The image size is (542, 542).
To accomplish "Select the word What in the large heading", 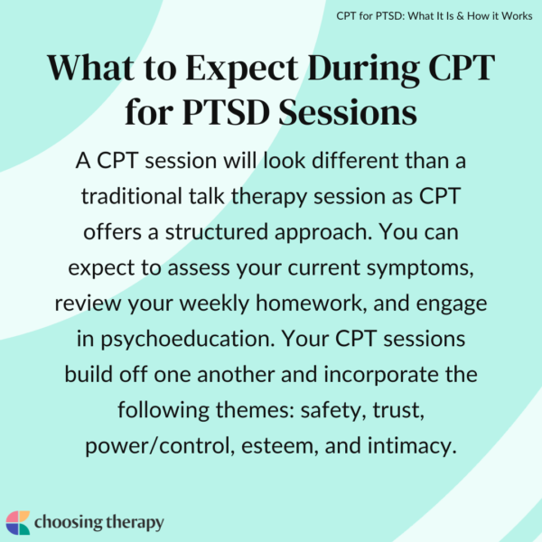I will pyautogui.click(x=91, y=69).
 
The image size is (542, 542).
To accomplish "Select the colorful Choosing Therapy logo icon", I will pyautogui.click(x=17, y=522).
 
